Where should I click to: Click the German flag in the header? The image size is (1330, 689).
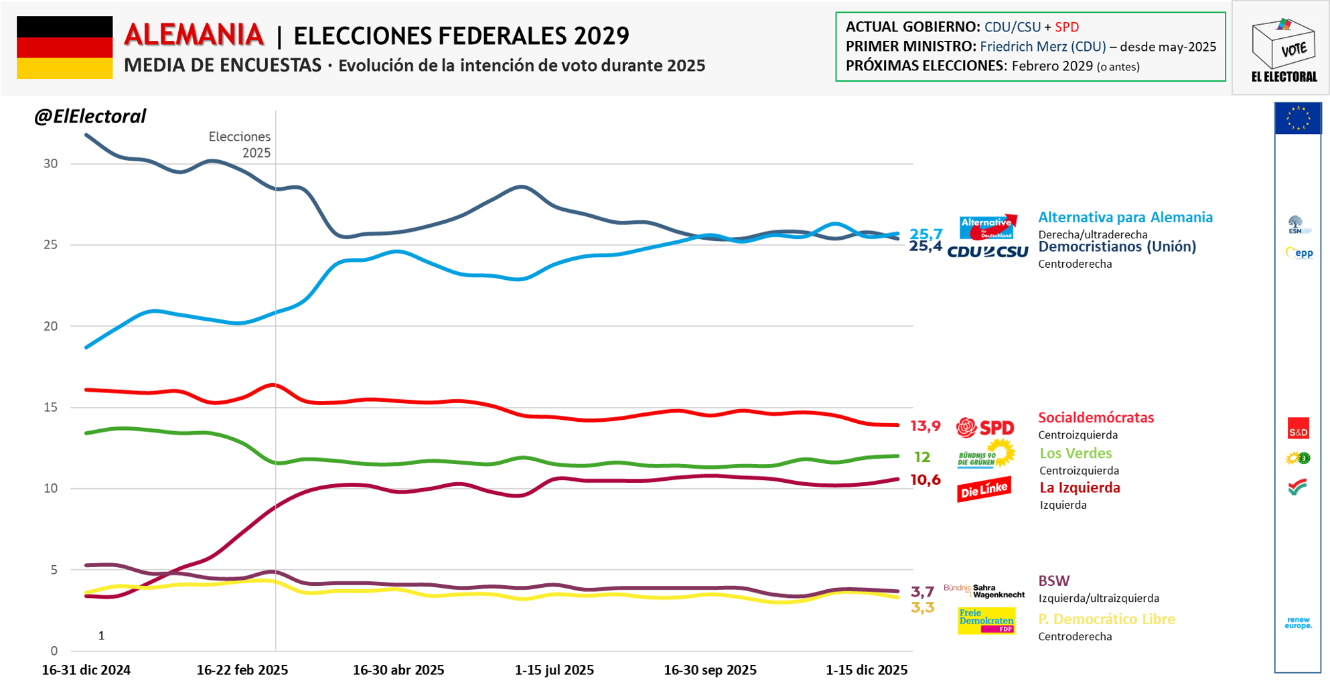[64, 48]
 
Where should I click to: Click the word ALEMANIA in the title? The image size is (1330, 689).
[194, 35]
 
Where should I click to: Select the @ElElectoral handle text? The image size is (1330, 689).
[90, 117]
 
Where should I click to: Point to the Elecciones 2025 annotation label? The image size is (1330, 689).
[240, 145]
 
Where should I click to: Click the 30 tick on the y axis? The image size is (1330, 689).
[50, 164]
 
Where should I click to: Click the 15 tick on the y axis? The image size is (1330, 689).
[50, 408]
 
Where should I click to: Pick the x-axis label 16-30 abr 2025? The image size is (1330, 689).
[398, 670]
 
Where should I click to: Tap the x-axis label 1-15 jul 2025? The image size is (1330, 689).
[554, 670]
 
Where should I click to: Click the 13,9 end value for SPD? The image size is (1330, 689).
[925, 426]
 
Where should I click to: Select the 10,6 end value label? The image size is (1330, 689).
[925, 480]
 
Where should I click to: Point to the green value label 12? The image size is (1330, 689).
[922, 457]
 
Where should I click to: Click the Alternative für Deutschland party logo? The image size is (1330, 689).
[987, 228]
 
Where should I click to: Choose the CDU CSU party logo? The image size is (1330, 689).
[987, 252]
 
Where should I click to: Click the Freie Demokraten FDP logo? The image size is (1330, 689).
[986, 621]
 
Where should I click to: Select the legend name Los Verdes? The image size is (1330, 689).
[1075, 454]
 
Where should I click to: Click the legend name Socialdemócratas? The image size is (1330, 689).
[1096, 418]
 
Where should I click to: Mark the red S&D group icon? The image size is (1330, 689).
[1298, 429]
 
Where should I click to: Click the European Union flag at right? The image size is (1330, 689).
[1298, 119]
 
